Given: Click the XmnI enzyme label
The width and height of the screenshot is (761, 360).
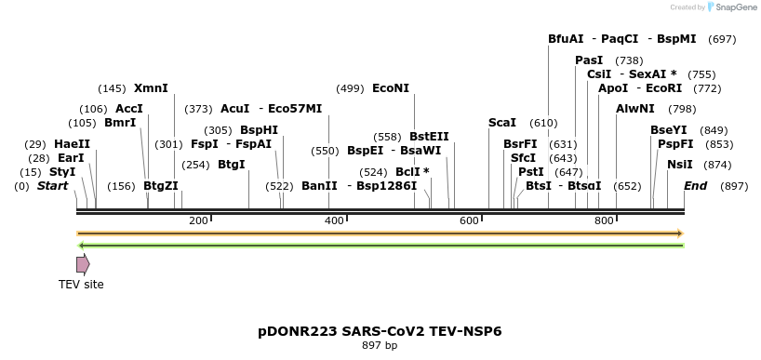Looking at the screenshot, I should coord(151,88).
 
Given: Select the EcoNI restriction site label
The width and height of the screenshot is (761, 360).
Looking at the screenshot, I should coord(390,88).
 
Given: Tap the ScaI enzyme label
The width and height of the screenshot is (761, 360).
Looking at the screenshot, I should coord(501,123).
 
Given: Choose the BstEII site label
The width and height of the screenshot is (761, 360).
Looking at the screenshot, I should coord(429,136).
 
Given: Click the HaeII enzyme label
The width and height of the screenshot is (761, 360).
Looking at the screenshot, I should coord(72,144).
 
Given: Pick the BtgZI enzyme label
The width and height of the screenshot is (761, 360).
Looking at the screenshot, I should coord(160,186).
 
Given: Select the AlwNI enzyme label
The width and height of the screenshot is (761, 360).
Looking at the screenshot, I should coord(635,109).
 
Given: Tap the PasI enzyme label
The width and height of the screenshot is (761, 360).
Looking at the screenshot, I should coord(589,60).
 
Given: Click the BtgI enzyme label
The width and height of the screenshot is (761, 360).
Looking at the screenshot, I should coord(232,165).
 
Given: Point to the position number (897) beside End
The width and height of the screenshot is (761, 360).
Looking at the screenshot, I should coord(734,186).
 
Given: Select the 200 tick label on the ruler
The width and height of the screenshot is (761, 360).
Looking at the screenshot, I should coord(198,220).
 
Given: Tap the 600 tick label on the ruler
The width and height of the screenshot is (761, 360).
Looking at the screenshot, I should coord(469,220).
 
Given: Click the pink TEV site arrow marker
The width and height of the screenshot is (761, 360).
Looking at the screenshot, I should coord(83,264).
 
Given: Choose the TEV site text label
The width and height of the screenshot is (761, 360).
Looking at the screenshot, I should coord(81,285).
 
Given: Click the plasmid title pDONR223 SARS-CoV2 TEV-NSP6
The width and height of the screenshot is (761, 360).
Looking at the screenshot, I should coord(380,331).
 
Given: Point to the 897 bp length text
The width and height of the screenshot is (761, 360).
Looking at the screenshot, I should coord(380,346).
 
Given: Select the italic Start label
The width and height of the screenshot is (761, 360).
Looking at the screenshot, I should coord(52,186).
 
